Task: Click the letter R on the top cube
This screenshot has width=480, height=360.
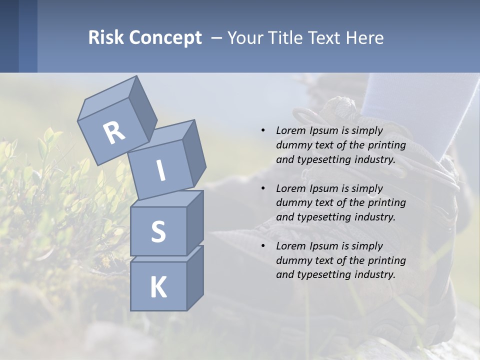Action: tap(114, 132)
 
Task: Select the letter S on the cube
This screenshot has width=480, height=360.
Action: tap(158, 231)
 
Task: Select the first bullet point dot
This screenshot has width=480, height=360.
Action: tap(263, 130)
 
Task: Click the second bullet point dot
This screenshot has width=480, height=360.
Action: tap(263, 188)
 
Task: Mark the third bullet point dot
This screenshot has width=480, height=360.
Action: tap(263, 246)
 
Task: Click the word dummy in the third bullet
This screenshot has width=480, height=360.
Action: tap(293, 260)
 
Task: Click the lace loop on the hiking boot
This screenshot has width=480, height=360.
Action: tap(303, 116)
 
